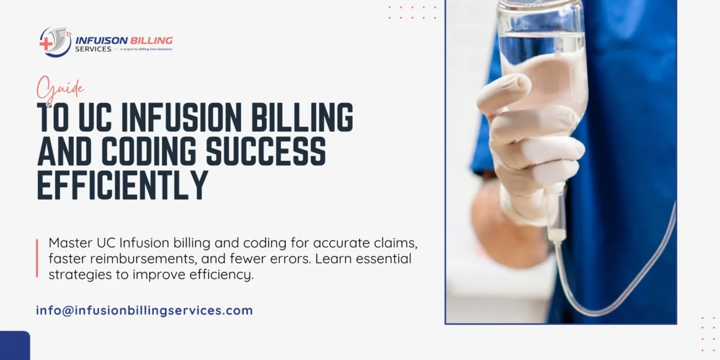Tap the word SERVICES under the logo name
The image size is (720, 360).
coord(93,49)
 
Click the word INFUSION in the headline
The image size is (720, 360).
coord(181,118)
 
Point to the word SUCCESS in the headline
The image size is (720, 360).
coord(266,151)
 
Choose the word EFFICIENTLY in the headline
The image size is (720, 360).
coord(122,185)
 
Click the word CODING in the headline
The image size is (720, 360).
coord(149,151)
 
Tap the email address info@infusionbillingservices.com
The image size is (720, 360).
coord(145,311)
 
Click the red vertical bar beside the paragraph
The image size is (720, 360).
coord(37,258)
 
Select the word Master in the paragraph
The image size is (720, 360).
coord(71,242)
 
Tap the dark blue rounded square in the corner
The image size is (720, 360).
coord(15,346)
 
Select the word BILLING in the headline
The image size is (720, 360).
coord(302,118)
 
